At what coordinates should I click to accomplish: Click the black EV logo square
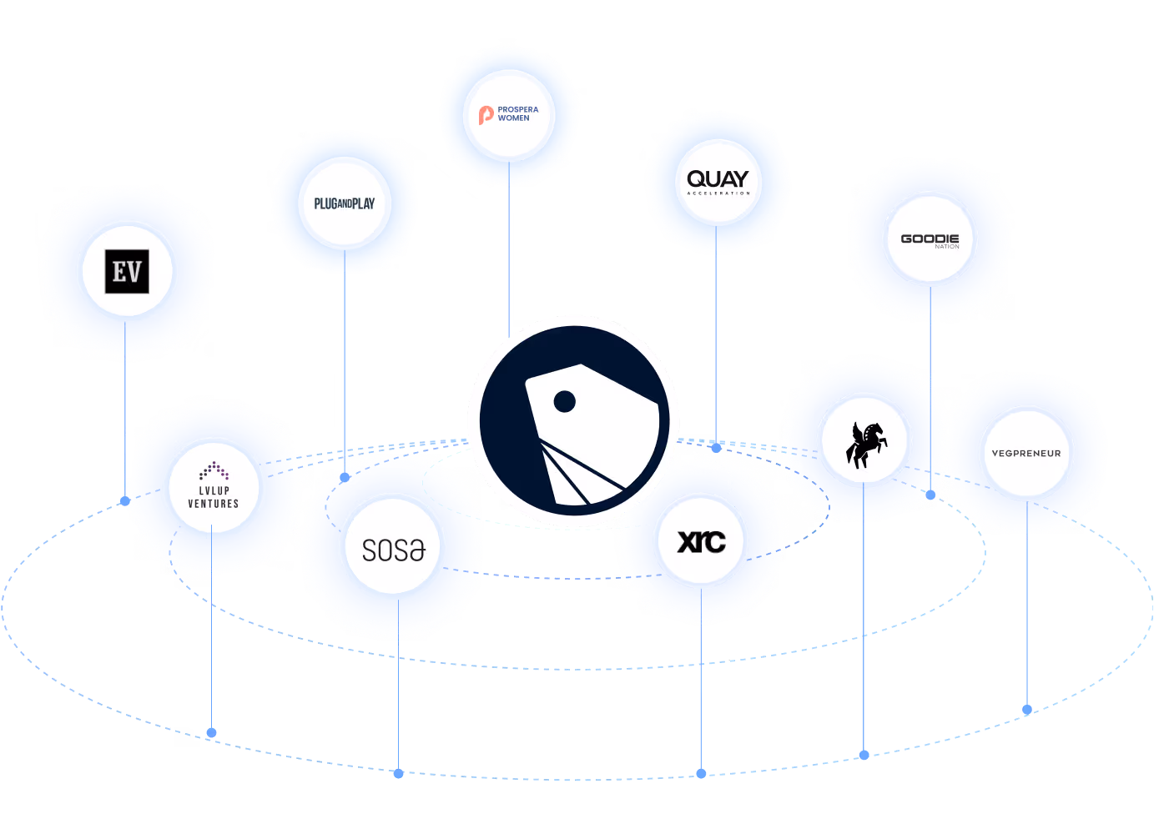(127, 271)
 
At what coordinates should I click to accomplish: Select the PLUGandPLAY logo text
(345, 203)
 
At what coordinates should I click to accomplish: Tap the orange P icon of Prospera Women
(486, 115)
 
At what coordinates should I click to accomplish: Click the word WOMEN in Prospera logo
(514, 118)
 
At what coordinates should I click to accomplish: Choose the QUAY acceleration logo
(718, 181)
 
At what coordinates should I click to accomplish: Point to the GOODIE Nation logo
(930, 240)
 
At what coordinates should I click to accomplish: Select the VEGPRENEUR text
(1026, 454)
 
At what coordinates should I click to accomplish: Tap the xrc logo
(701, 542)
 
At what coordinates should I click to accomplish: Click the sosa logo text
(394, 550)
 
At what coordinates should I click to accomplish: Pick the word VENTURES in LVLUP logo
(214, 504)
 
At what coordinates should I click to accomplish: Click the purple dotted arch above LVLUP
(214, 471)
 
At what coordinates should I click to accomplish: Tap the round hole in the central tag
(565, 402)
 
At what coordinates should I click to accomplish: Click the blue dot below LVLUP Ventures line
(211, 733)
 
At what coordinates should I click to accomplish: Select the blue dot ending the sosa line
(399, 773)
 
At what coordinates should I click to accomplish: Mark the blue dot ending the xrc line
(701, 773)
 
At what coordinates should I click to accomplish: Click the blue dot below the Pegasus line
(864, 755)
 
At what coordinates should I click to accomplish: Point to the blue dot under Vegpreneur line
(1027, 710)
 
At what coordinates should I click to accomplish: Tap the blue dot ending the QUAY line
(716, 448)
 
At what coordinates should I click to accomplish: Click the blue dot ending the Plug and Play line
(345, 477)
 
